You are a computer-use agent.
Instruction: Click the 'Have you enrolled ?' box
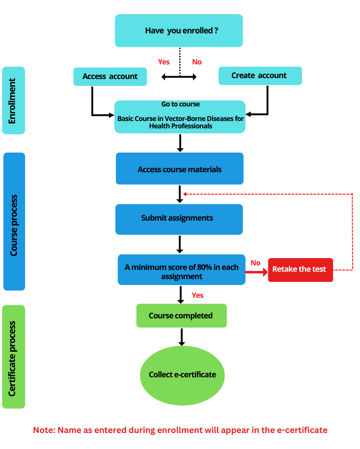tap(178, 31)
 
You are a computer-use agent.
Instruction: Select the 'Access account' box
tap(110, 76)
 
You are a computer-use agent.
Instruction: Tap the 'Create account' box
tap(260, 75)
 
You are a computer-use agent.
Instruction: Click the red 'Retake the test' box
tap(300, 269)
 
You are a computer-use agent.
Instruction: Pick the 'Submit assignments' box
tap(179, 219)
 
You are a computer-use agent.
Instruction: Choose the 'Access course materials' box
tap(179, 169)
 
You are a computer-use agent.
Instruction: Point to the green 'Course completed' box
tap(181, 316)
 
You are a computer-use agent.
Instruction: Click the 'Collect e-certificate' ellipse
tap(182, 375)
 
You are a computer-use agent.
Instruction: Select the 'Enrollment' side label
tap(13, 100)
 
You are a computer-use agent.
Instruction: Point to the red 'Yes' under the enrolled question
tap(163, 62)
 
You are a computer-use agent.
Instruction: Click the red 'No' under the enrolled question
tap(197, 62)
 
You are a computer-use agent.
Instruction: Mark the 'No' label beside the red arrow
tap(256, 263)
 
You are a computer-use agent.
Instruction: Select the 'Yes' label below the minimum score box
tap(198, 296)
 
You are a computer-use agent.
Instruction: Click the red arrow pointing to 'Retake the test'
tap(257, 273)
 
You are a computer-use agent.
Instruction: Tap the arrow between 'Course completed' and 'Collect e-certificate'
tap(182, 337)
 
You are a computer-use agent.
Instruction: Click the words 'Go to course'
tap(180, 104)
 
